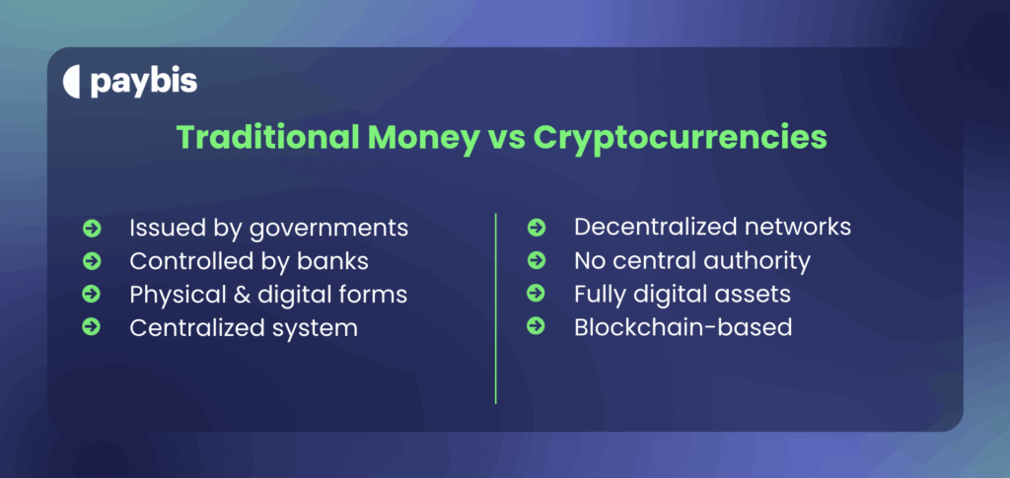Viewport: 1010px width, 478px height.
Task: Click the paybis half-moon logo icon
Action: pyautogui.click(x=71, y=83)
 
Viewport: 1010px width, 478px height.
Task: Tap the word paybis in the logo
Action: pyautogui.click(x=144, y=83)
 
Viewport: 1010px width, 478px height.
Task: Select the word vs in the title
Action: pyautogui.click(x=501, y=137)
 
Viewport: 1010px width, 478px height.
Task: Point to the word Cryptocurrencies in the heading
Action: pyautogui.click(x=680, y=137)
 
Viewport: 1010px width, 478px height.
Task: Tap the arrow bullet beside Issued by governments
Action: pyautogui.click(x=92, y=229)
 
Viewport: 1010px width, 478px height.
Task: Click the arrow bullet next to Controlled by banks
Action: pyautogui.click(x=92, y=261)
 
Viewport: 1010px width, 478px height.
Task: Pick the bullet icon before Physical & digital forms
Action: pyautogui.click(x=92, y=294)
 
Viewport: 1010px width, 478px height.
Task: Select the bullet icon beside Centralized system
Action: pyautogui.click(x=92, y=327)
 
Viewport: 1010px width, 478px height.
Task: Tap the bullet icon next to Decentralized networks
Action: pyautogui.click(x=537, y=228)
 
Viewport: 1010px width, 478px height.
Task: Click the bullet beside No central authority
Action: pyautogui.click(x=537, y=260)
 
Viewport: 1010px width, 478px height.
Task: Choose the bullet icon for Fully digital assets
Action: pyautogui.click(x=537, y=293)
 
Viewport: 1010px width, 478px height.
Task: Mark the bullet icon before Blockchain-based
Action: pyautogui.click(x=537, y=326)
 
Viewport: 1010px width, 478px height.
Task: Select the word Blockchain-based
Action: pyautogui.click(x=683, y=326)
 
